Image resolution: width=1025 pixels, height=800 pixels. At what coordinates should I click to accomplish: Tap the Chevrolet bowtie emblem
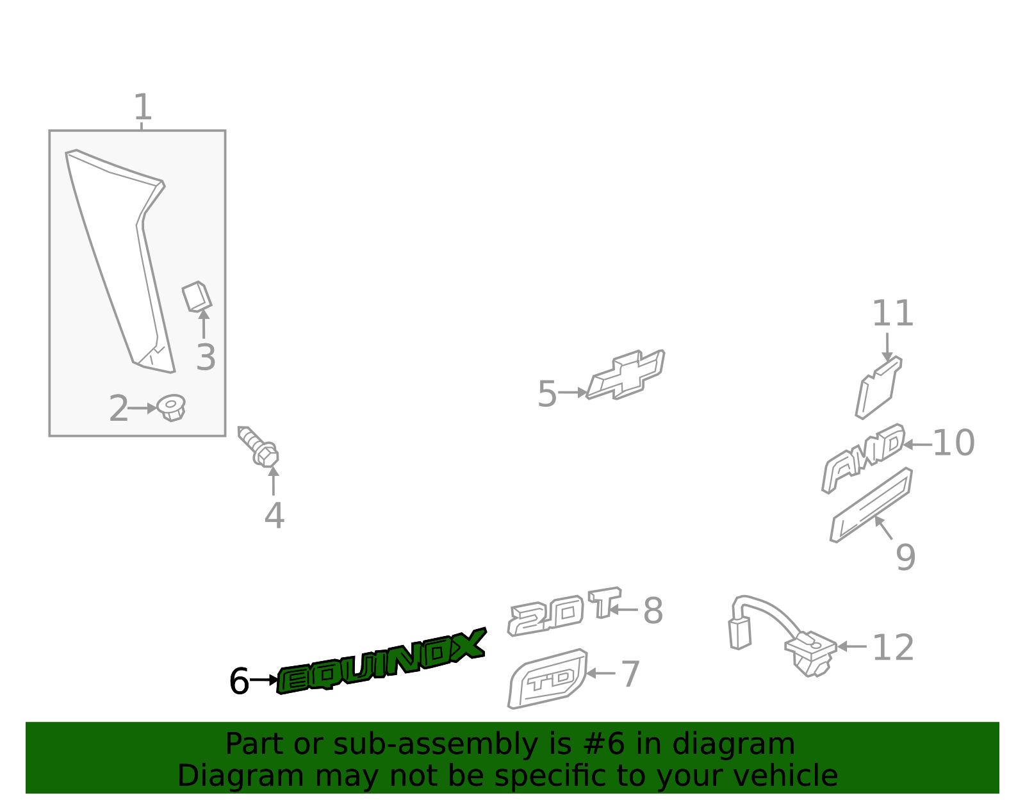(626, 375)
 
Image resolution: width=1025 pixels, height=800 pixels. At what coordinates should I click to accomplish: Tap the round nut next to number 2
(171, 407)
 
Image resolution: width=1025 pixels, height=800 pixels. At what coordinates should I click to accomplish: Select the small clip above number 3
(197, 297)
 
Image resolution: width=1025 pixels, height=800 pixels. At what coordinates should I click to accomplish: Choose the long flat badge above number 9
(872, 505)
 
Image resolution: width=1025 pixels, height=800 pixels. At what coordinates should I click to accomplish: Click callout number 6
(239, 682)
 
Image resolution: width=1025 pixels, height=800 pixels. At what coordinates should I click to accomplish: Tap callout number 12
(893, 648)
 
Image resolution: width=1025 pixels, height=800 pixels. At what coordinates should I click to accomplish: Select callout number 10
(953, 443)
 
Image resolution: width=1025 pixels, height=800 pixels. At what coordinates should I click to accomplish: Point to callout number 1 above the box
(142, 107)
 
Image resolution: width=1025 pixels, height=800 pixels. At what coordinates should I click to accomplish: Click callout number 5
(546, 394)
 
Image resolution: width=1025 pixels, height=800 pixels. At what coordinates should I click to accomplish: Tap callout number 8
(653, 610)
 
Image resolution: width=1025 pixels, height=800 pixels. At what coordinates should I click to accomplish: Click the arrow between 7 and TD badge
(601, 673)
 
